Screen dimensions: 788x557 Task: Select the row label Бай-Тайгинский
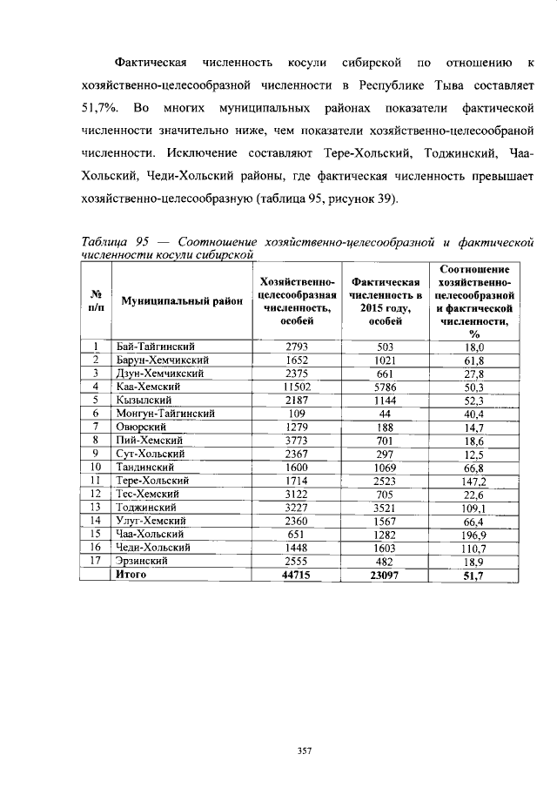coord(153,347)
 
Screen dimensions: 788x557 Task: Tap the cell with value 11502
coord(298,386)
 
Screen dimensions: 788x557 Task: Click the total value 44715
coord(298,575)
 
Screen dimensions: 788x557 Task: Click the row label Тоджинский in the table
coord(146,507)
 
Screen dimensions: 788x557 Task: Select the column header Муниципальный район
coord(181,300)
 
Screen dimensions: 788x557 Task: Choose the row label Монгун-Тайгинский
coord(164,413)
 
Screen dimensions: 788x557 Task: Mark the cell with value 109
coord(298,413)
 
